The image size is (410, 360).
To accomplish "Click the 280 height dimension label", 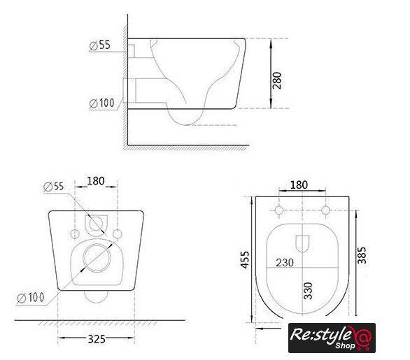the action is [x=277, y=80].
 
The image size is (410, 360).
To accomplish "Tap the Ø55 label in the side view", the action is [x=99, y=45].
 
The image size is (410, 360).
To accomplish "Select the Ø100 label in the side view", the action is [x=101, y=103].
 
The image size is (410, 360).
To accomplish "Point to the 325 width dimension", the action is [x=97, y=339].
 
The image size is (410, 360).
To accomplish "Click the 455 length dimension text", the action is [x=245, y=259].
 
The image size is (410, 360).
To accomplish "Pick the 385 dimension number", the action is [x=362, y=255].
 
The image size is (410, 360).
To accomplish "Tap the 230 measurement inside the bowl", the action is [x=285, y=263].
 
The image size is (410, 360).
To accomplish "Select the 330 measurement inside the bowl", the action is [x=309, y=291].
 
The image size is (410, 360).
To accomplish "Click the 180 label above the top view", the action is [x=299, y=185].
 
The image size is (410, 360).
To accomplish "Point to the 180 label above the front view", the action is [x=96, y=181].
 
